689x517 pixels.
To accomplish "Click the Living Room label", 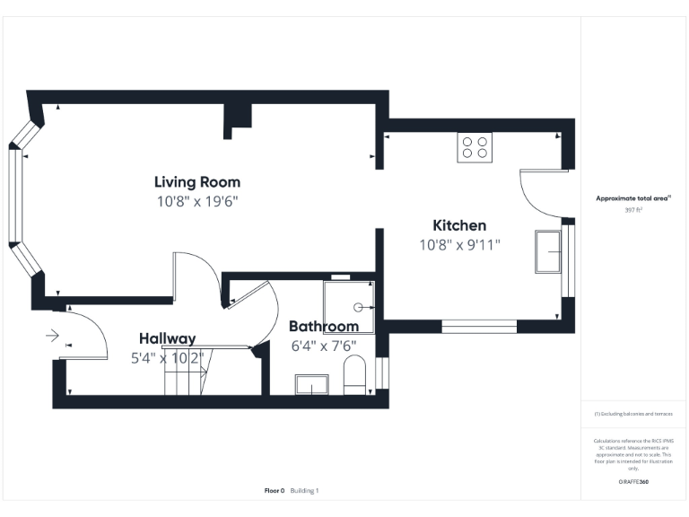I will pyautogui.click(x=196, y=182).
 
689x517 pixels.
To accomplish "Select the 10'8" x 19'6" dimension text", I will pyautogui.click(x=196, y=201).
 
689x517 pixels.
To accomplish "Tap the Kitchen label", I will pyautogui.click(x=459, y=225).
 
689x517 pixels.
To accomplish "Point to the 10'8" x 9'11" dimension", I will pyautogui.click(x=459, y=244).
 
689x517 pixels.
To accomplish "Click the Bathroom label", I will pyautogui.click(x=324, y=327).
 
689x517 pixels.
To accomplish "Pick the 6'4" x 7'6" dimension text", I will pyautogui.click(x=324, y=346).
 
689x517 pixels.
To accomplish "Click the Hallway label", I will pyautogui.click(x=167, y=338).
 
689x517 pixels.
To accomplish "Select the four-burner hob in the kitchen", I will pyautogui.click(x=475, y=146).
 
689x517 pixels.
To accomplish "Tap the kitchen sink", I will pyautogui.click(x=547, y=251).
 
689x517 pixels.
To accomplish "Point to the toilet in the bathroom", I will pyautogui.click(x=355, y=375).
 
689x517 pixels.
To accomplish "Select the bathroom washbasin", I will pyautogui.click(x=311, y=386).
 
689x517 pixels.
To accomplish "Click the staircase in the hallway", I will pyautogui.click(x=186, y=372).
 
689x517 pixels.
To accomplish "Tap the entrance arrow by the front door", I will pyautogui.click(x=51, y=337).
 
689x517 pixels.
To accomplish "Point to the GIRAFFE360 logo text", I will pyautogui.click(x=633, y=482).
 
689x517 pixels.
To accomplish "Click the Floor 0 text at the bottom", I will pyautogui.click(x=274, y=491).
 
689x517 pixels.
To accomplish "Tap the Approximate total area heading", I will pyautogui.click(x=633, y=198).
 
